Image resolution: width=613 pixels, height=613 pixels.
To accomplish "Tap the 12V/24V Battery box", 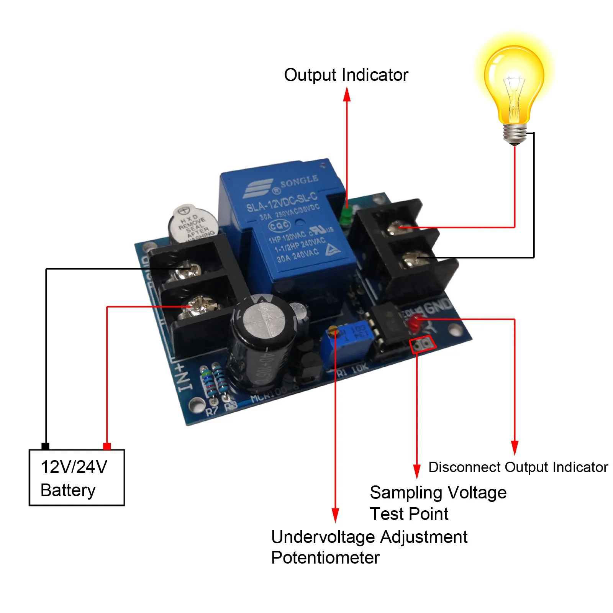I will [x=77, y=477].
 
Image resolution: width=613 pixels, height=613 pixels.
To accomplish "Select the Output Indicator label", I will [x=346, y=75].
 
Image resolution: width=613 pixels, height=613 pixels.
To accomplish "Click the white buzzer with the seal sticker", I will [x=193, y=224].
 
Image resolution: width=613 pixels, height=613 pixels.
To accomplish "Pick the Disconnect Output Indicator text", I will [x=518, y=467].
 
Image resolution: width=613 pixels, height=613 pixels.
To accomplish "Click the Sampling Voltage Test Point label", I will [x=438, y=503].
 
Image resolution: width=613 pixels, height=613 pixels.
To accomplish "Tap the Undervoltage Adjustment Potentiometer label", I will [x=369, y=547].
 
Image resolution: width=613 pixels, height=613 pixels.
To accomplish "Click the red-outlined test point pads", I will [x=423, y=344].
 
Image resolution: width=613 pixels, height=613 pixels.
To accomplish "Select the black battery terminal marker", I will [x=45, y=446].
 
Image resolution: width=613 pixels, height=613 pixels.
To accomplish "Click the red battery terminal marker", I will [x=107, y=446].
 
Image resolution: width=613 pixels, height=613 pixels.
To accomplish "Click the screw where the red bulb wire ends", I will [x=398, y=228].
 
